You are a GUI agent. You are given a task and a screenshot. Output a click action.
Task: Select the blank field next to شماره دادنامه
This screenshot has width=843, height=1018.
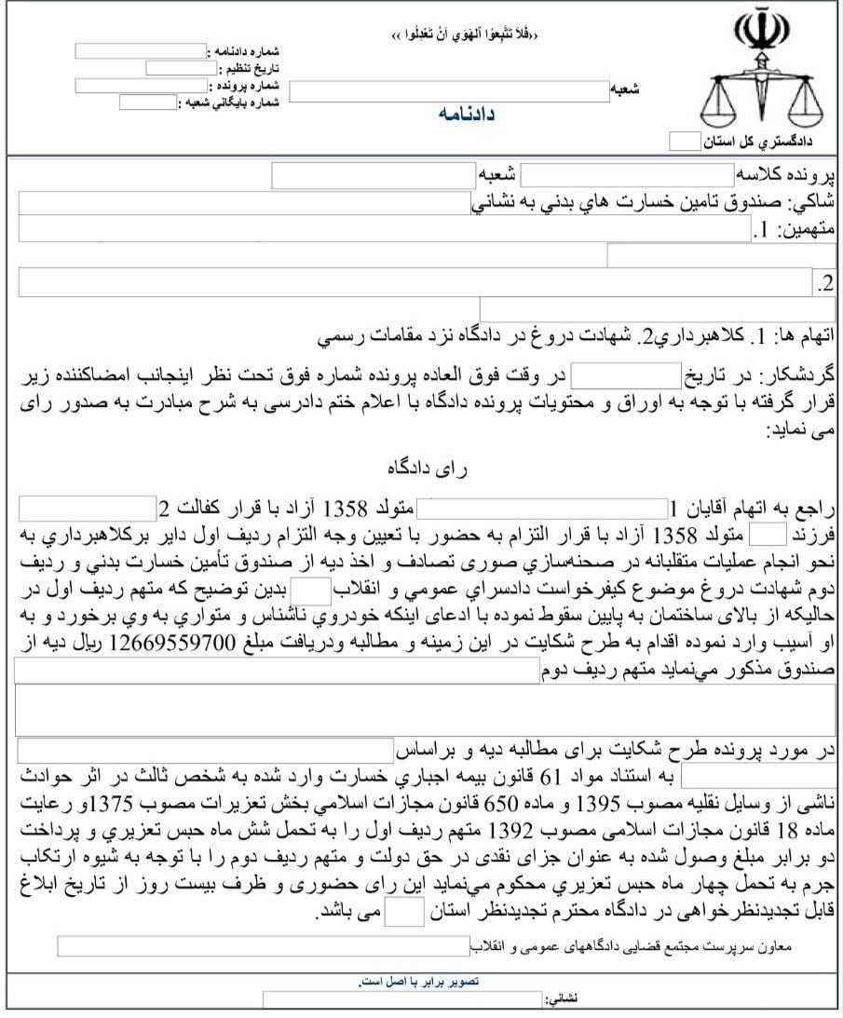pos(140,51)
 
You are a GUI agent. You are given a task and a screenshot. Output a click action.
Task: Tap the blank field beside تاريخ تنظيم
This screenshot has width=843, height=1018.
pos(181,68)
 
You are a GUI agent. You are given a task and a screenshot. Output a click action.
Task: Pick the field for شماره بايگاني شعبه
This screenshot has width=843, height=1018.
pos(148,102)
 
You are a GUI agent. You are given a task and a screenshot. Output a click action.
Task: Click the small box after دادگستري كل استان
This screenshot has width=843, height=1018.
pos(684,142)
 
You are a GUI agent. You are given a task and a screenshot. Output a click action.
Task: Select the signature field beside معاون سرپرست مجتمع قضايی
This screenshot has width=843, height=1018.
pos(263,946)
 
